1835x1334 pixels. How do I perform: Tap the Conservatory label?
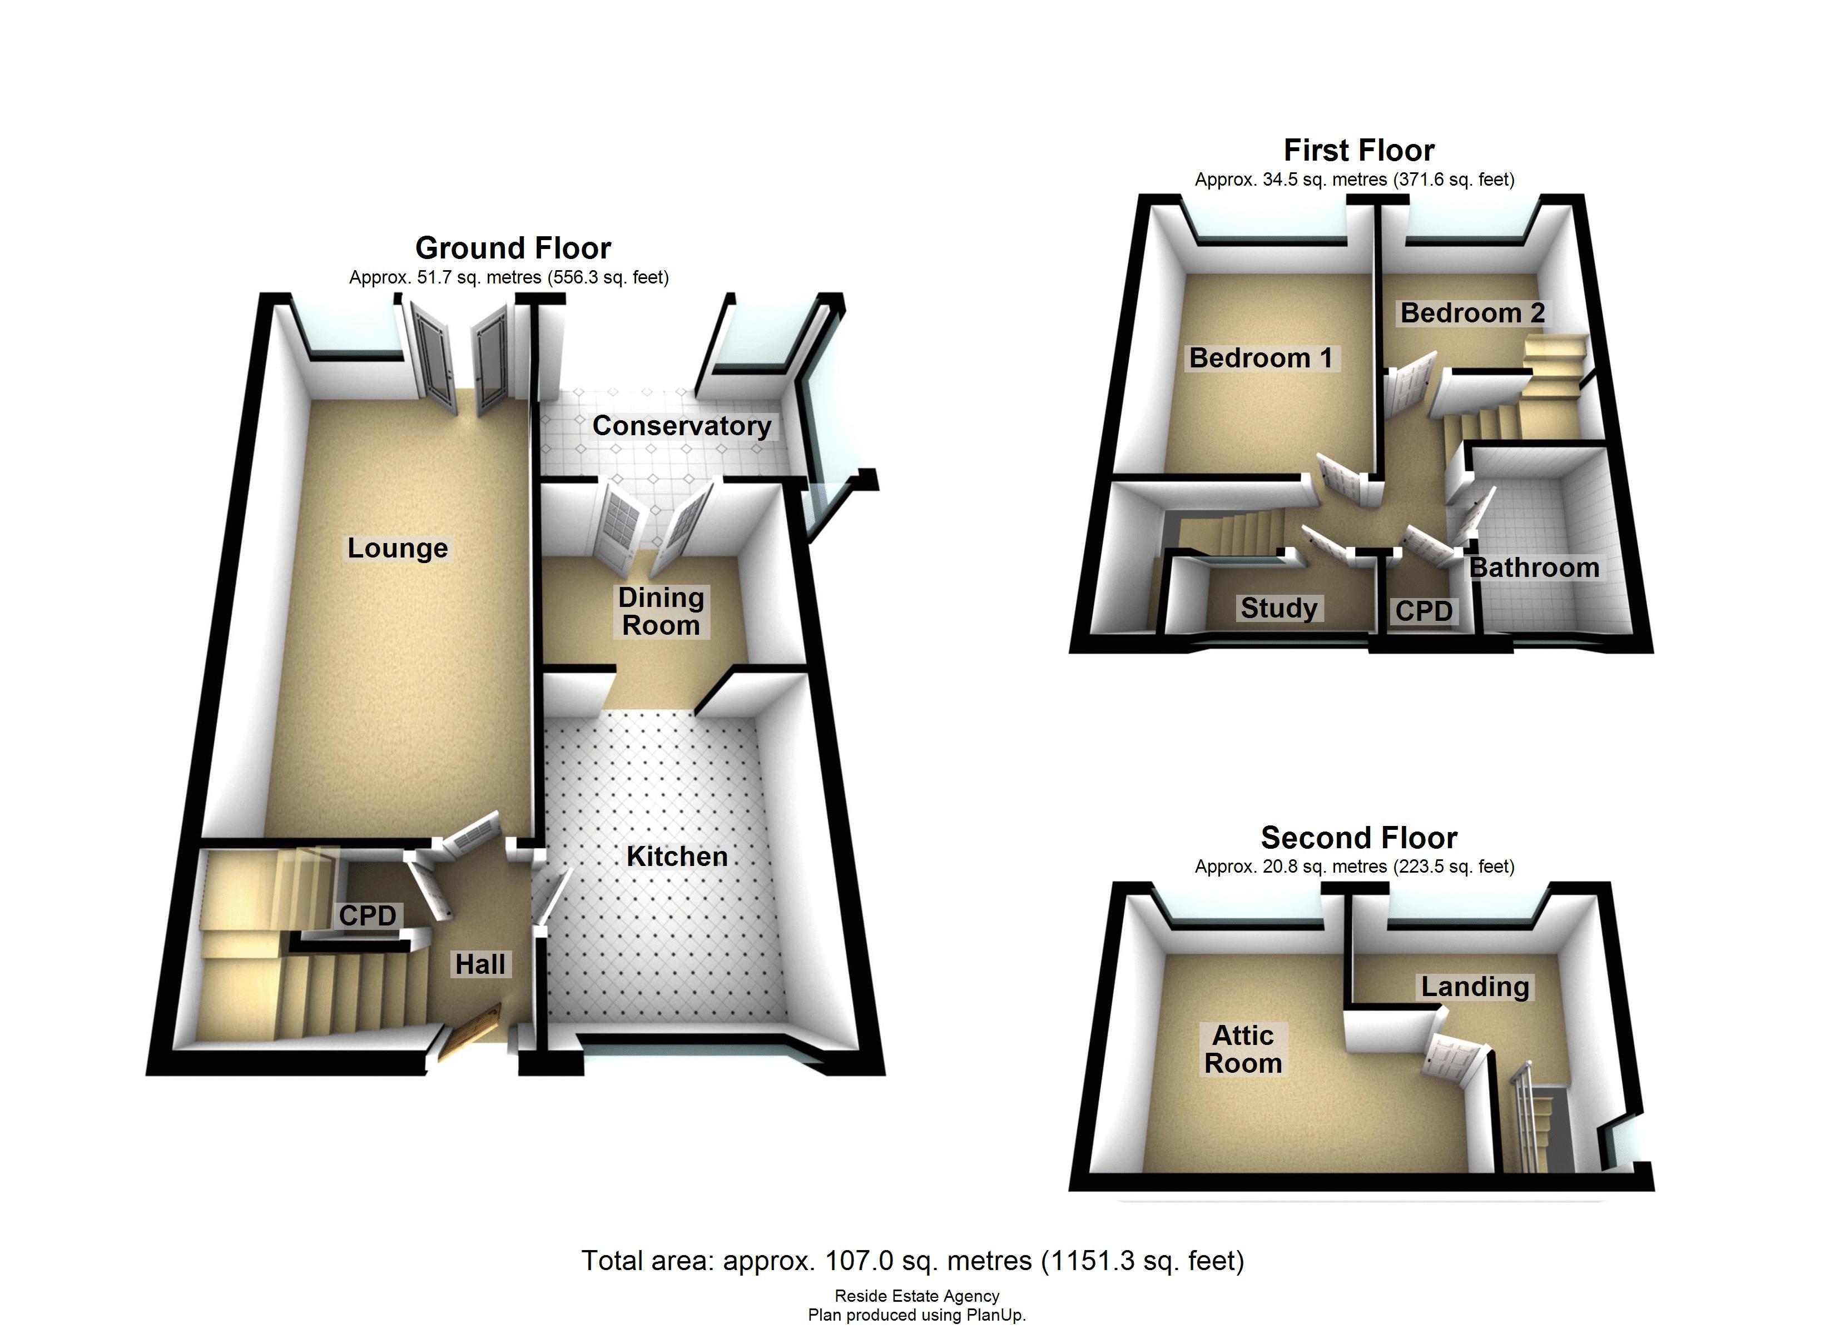pos(681,426)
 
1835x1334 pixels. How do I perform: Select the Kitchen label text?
pos(677,856)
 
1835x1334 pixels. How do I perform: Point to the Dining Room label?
pos(661,611)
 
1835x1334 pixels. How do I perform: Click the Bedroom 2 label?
pos(1472,312)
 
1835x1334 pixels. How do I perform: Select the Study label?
pos(1279,608)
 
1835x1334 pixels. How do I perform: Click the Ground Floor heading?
pos(513,247)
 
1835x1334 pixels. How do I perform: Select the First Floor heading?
pos(1358,151)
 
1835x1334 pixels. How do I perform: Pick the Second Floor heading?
pos(1358,837)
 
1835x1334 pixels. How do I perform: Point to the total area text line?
pos(912,1261)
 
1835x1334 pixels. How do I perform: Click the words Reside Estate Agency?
pos(917,1296)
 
